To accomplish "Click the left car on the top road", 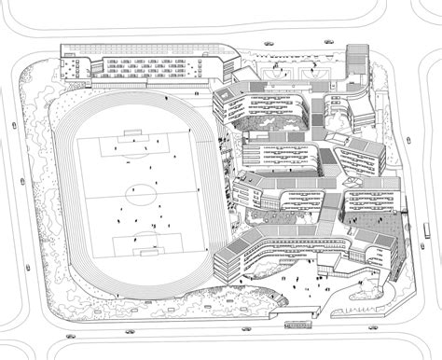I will (x=269, y=45).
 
